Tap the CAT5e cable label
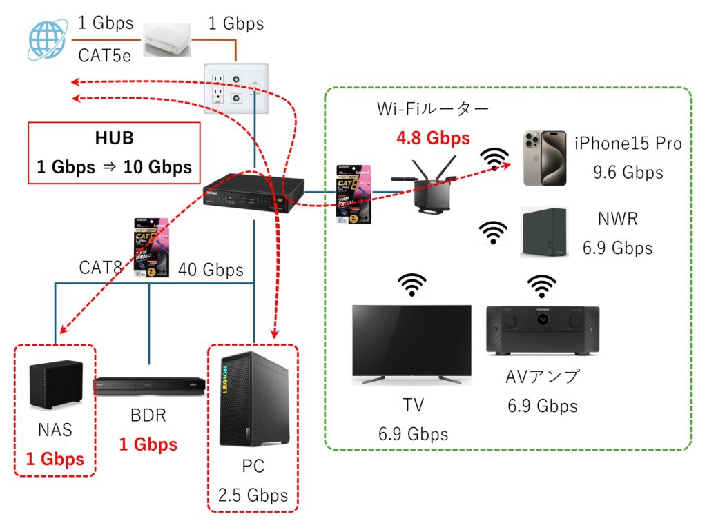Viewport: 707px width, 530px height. coord(104,55)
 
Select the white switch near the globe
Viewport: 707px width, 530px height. coord(166,39)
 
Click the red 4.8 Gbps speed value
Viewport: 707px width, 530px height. coord(433,138)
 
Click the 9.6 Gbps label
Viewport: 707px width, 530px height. coord(628,172)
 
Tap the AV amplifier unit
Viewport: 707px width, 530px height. coord(543,331)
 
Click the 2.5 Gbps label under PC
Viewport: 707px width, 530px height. coord(253,495)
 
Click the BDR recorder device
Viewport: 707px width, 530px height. coord(150,386)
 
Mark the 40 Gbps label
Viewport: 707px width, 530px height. coord(211,270)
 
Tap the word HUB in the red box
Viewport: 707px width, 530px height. coord(115,138)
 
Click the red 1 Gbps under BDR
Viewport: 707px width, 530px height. coord(148,444)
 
